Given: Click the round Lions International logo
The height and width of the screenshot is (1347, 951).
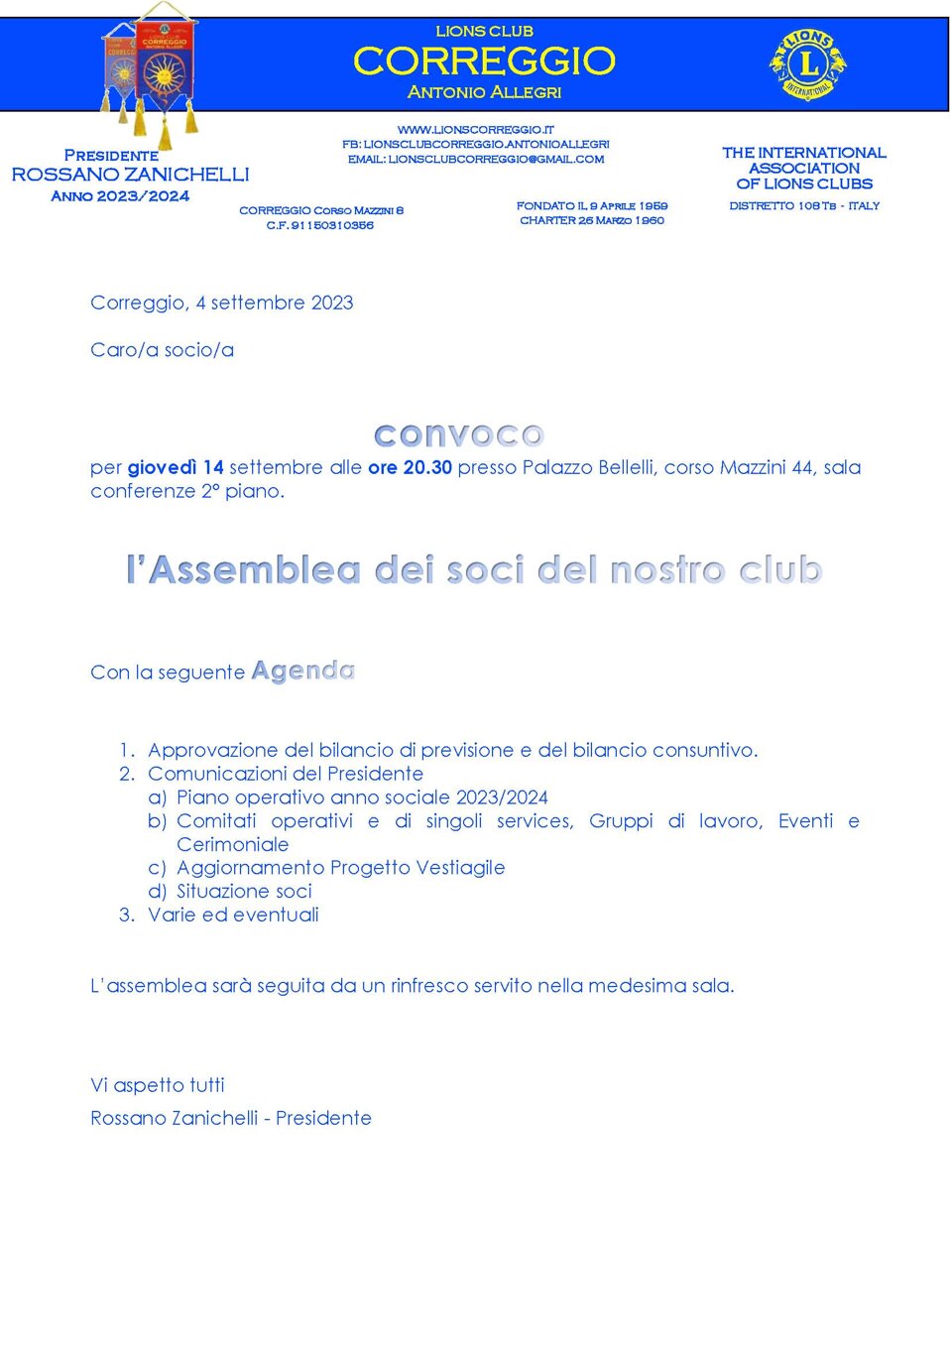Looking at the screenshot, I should point(808,64).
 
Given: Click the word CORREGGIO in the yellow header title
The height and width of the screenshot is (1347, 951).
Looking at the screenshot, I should point(484,61).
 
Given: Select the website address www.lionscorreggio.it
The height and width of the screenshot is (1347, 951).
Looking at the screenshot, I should point(476,129).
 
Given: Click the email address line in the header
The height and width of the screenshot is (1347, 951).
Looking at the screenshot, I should point(476,159).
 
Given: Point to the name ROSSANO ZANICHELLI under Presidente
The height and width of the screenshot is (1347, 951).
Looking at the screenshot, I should point(130,175).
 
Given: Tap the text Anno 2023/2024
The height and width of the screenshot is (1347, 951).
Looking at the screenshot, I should point(120,196).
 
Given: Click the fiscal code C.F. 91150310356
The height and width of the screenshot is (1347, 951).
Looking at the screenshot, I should point(320,225).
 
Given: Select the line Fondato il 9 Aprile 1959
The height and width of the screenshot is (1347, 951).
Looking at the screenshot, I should point(592,205).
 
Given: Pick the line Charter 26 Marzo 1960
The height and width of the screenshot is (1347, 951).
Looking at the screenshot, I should point(592,220).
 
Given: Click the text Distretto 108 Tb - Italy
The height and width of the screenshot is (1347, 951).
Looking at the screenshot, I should point(804,205).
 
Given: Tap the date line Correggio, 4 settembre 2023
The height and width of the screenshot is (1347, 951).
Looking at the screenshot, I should point(222,303).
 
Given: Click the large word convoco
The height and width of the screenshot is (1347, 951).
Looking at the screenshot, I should point(459,434).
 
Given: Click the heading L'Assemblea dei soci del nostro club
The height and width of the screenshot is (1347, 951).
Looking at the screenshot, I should point(474,570).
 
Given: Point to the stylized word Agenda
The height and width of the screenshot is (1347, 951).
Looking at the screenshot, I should point(303,672).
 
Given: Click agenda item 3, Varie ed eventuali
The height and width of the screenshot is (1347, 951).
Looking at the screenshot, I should point(233,915).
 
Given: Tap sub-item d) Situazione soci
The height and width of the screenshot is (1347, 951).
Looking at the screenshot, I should point(244,891).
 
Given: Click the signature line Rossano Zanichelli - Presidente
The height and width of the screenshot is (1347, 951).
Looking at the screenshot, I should point(231,1118).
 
